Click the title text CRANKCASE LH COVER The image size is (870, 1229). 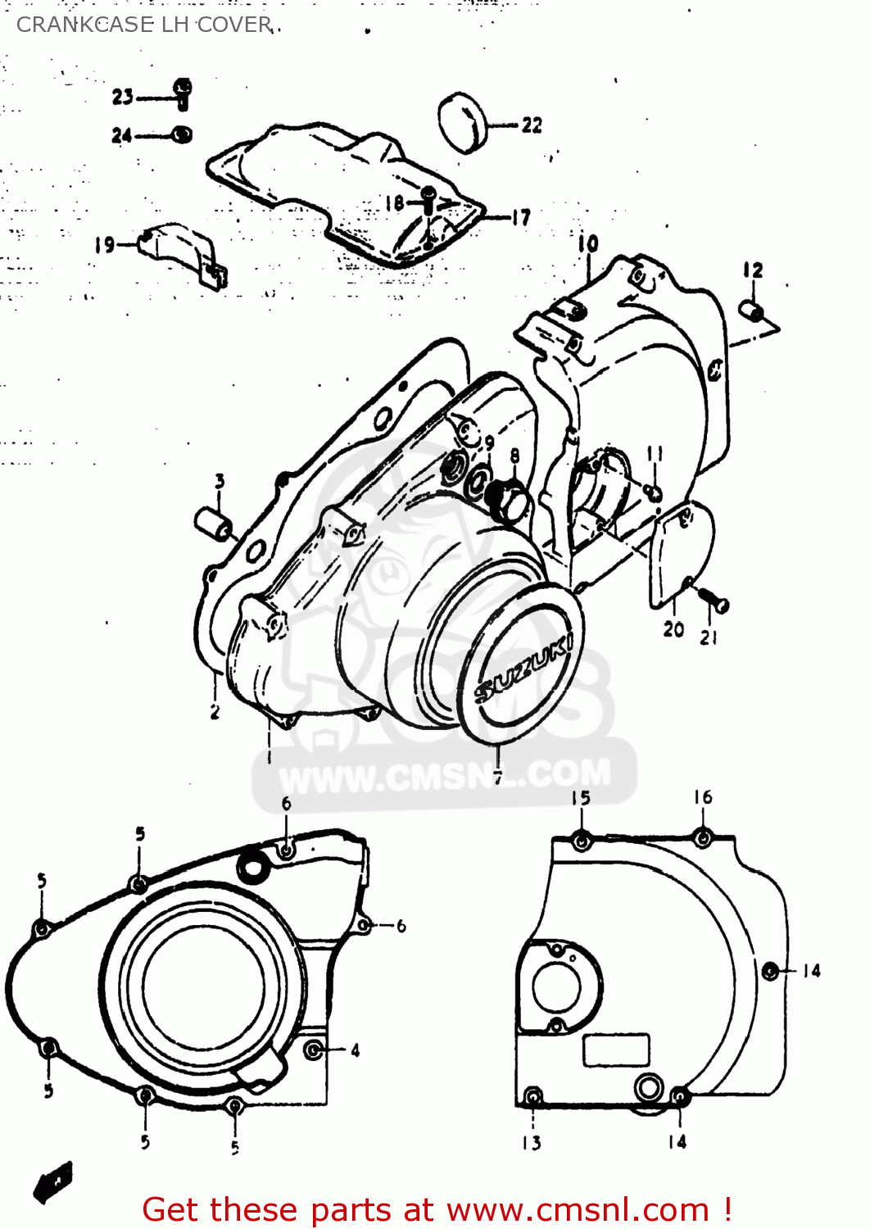144,25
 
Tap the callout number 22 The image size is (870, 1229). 532,125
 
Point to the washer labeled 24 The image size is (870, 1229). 182,134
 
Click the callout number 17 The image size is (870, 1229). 521,218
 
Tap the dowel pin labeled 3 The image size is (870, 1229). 212,524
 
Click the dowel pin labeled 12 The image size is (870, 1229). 751,312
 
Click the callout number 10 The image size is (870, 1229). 588,243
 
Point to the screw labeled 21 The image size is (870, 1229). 716,602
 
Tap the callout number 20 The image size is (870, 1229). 673,629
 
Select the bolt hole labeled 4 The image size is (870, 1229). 313,1050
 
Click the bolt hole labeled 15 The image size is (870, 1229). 581,841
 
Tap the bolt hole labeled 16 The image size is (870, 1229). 702,837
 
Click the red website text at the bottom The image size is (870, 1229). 437,1209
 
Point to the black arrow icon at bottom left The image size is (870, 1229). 53,1182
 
